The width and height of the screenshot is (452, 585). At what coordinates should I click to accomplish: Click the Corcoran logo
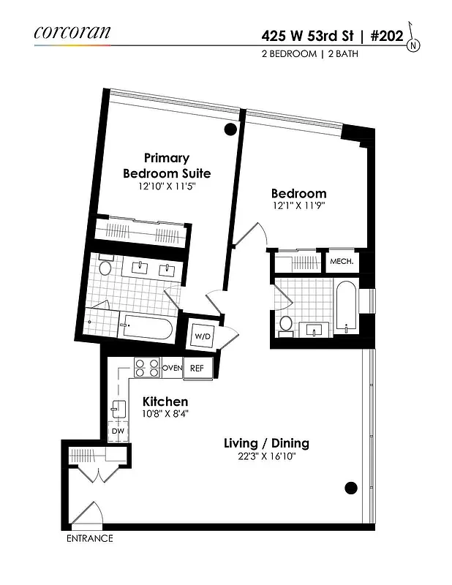pos(72,32)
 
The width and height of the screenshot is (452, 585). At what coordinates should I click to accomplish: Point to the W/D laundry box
pos(202,336)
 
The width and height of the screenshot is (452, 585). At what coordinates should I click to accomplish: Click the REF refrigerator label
pos(197,368)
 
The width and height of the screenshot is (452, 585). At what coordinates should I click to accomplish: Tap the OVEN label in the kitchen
pos(172,368)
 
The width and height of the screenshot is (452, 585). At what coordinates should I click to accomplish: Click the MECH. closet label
pos(342,261)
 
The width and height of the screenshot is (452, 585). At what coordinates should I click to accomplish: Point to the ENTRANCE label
pos(90,539)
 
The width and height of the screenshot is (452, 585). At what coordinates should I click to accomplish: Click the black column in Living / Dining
pos(350,488)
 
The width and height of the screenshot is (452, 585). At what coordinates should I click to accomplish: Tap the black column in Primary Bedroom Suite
pos(230,130)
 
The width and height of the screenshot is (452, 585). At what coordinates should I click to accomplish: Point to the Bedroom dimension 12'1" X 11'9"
pos(298,206)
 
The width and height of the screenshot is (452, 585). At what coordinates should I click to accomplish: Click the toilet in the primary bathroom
pos(105,268)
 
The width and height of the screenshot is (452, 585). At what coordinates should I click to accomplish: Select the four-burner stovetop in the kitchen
pos(147,367)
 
